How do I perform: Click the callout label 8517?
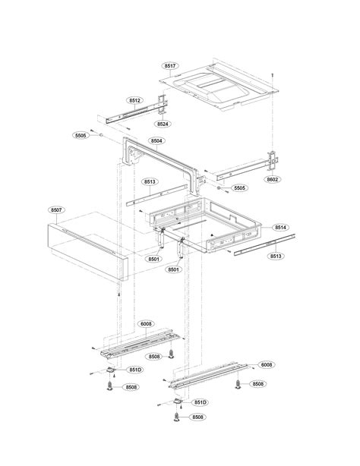170,66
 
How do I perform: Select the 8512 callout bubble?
134,100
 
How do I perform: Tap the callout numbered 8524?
163,124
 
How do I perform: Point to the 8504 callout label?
156,140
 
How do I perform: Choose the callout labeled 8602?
273,179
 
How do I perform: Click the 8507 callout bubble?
56,209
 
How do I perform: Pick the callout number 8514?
280,228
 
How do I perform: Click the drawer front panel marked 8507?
88,252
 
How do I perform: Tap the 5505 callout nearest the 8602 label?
239,187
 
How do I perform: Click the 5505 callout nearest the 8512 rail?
81,135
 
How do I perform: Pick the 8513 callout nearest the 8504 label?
150,181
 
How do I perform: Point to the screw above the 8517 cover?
272,74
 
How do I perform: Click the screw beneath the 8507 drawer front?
119,294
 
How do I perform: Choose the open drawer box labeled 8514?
206,225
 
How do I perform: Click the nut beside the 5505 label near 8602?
219,188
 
